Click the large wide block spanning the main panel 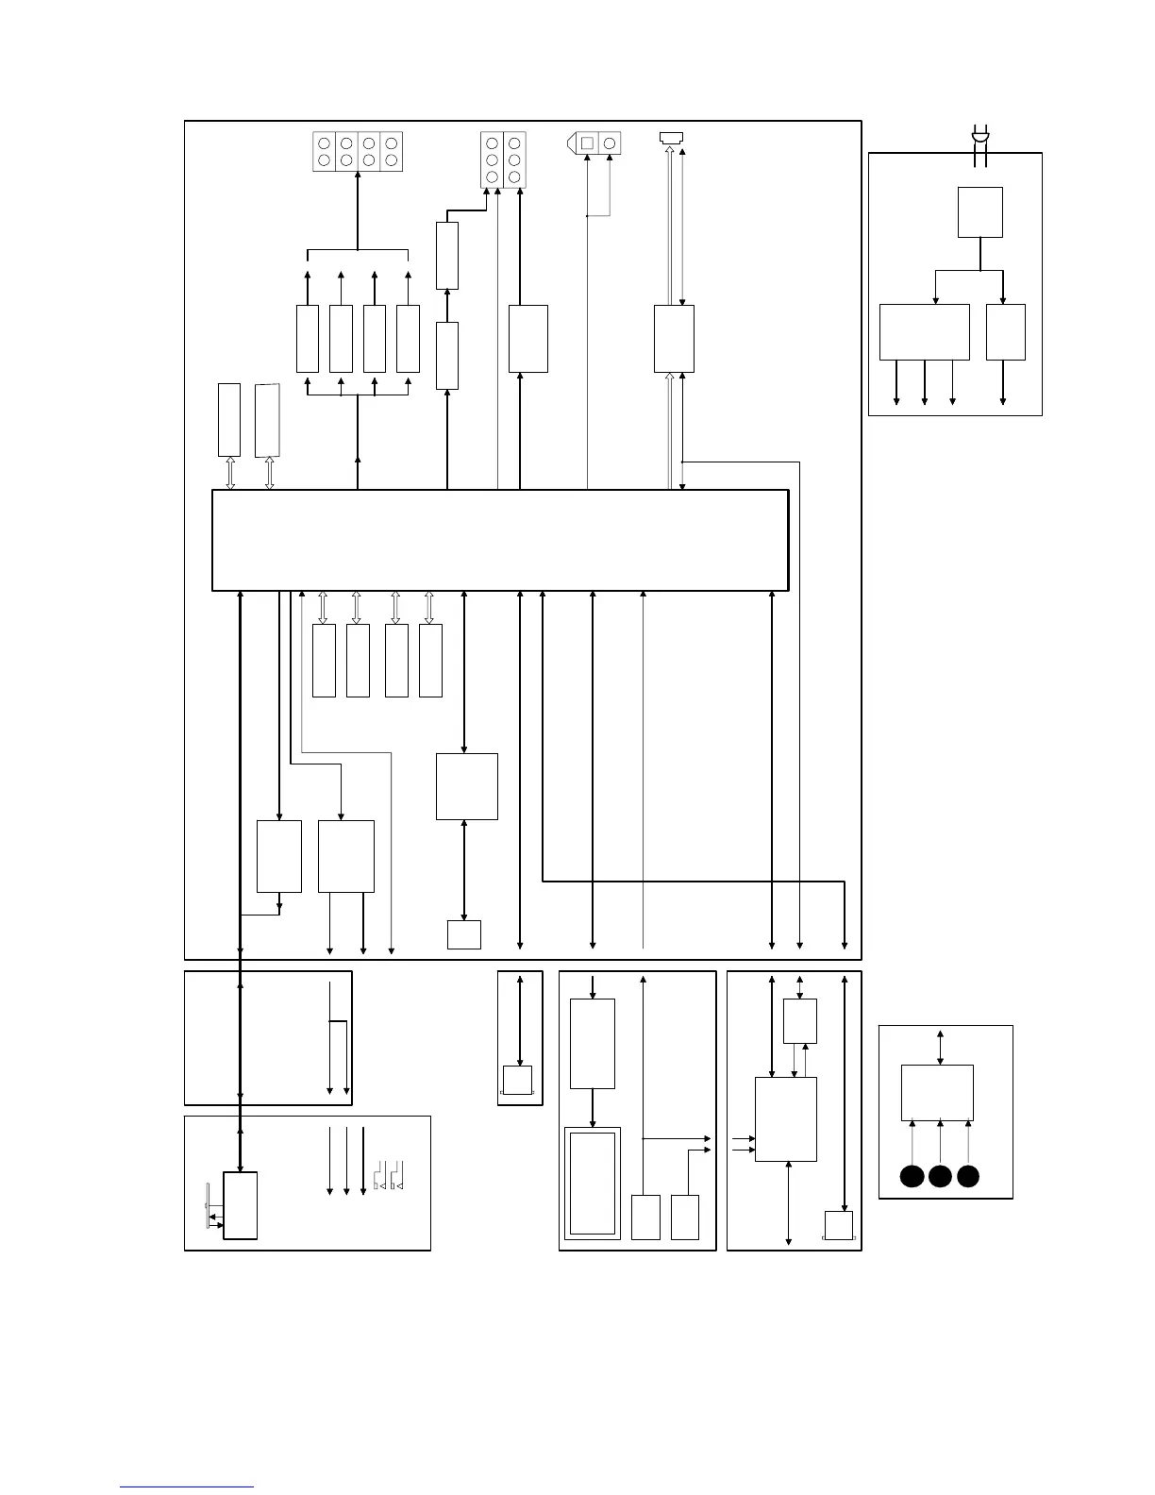(500, 540)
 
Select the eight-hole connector (358, 151)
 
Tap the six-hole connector (503, 160)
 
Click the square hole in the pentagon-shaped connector (587, 143)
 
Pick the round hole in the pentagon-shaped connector (610, 143)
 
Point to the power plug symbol (980, 142)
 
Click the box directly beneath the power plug (979, 212)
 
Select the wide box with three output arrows (924, 331)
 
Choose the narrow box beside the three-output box (1005, 331)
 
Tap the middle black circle (940, 1176)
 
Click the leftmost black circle (912, 1176)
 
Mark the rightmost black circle (968, 1176)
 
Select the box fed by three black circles (937, 1092)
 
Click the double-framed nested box (592, 1183)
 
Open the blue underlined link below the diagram (187, 1487)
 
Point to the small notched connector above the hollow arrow (672, 138)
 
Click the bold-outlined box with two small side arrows (240, 1205)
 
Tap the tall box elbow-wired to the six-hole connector (447, 256)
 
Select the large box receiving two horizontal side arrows (786, 1118)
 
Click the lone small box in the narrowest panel (517, 1080)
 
